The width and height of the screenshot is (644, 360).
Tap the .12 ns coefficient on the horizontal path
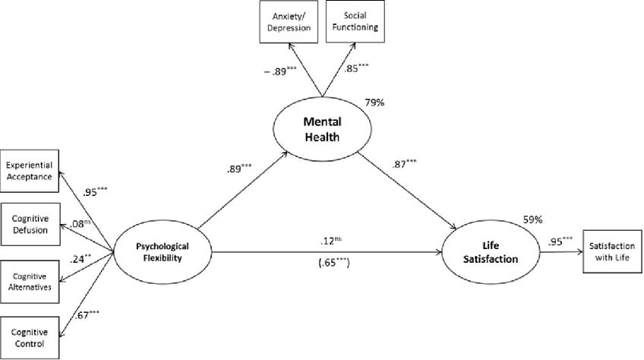(x=332, y=240)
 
